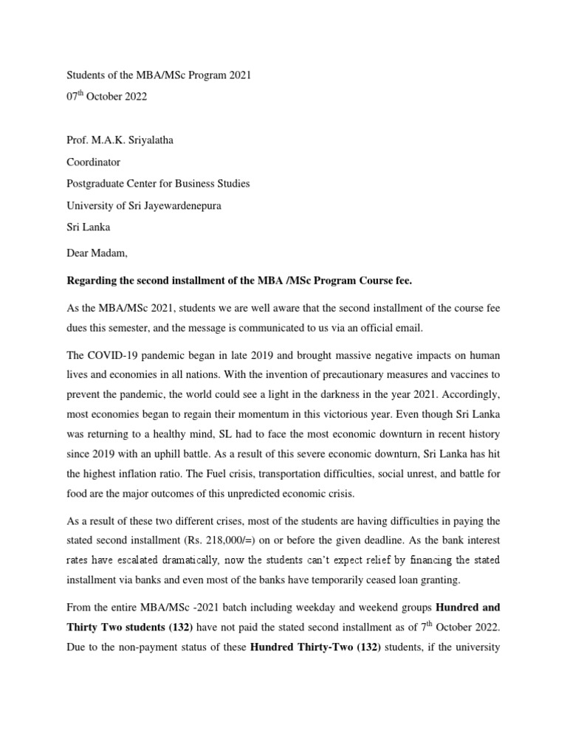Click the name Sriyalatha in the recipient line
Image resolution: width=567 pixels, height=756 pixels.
click(148, 140)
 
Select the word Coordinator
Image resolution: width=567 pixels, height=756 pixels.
click(94, 162)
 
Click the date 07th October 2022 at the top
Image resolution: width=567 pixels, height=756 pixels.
click(107, 97)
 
